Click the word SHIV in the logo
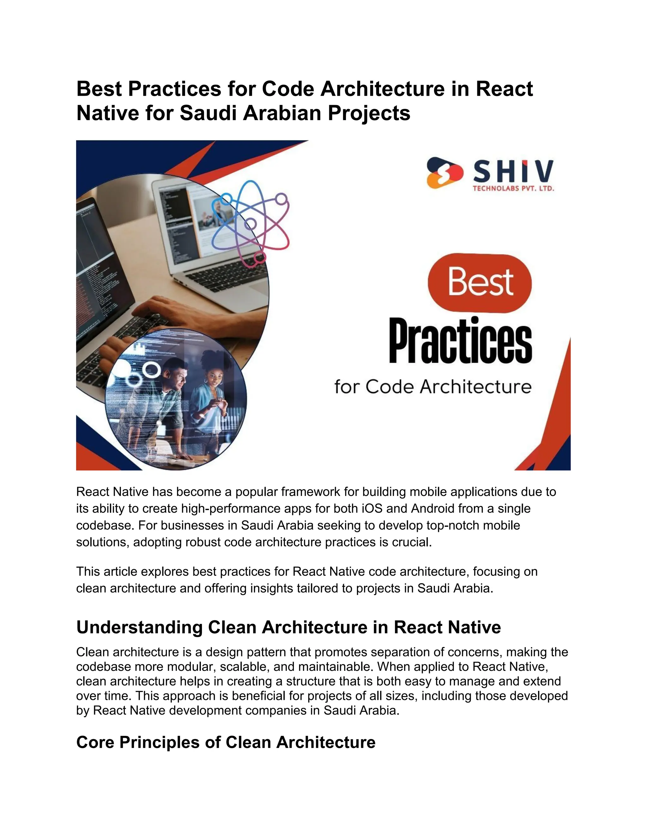pos(513,171)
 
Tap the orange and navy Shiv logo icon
pos(444,172)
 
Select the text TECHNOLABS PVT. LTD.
pos(513,189)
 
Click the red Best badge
pos(480,282)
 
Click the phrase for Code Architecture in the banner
pos(433,387)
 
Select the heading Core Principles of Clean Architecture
pos(226,742)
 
